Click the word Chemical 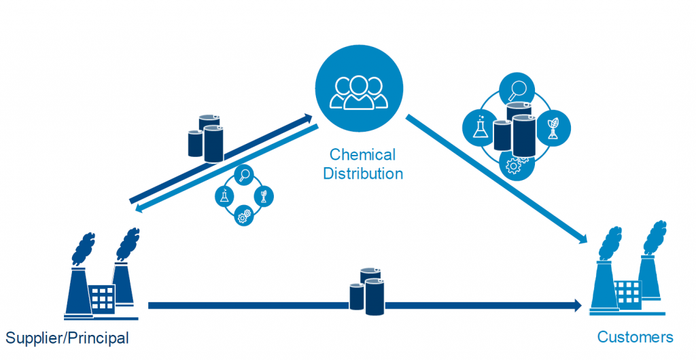(x=362, y=155)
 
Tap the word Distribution (x=362, y=173)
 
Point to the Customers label (x=635, y=337)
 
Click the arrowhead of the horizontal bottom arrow (x=577, y=306)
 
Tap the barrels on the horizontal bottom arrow (x=367, y=290)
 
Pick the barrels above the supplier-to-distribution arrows (x=206, y=138)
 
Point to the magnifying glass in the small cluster (x=243, y=175)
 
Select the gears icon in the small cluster (x=245, y=217)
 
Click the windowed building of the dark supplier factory (x=103, y=298)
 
